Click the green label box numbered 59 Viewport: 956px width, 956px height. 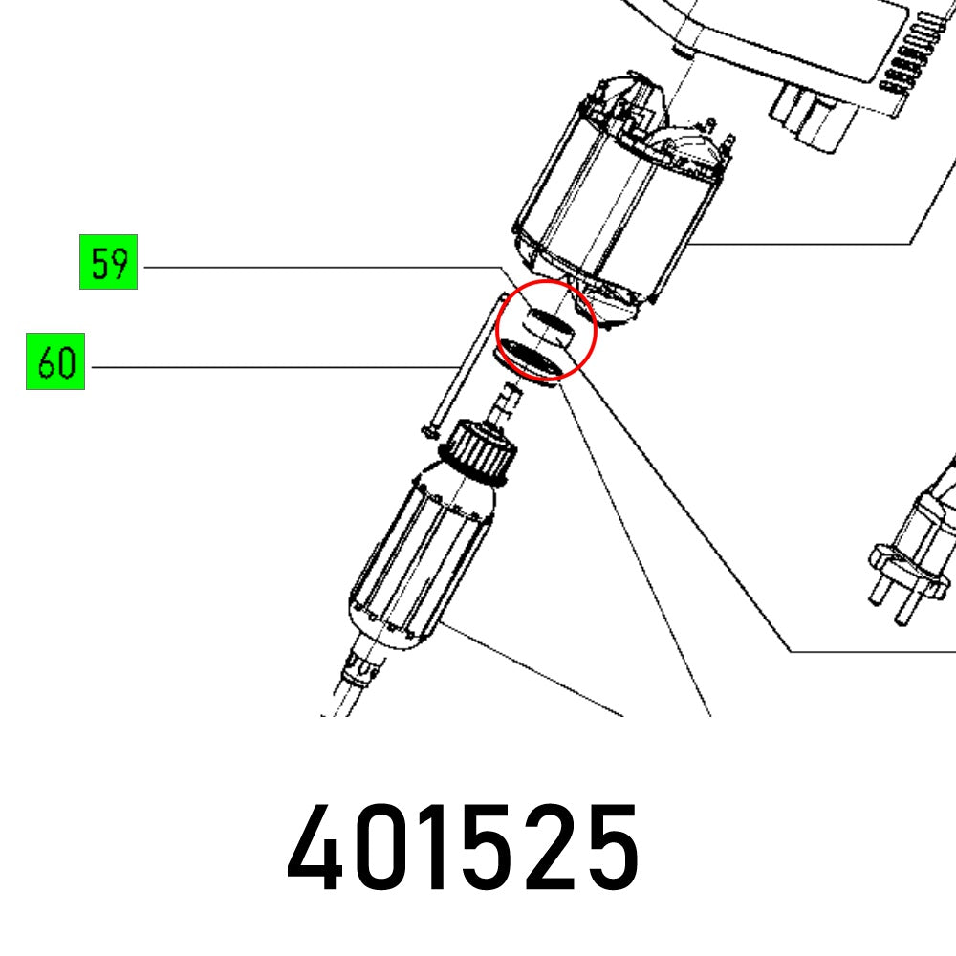[x=108, y=262]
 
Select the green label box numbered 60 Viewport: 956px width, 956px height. [x=55, y=361]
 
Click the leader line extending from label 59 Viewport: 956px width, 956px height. [x=315, y=267]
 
